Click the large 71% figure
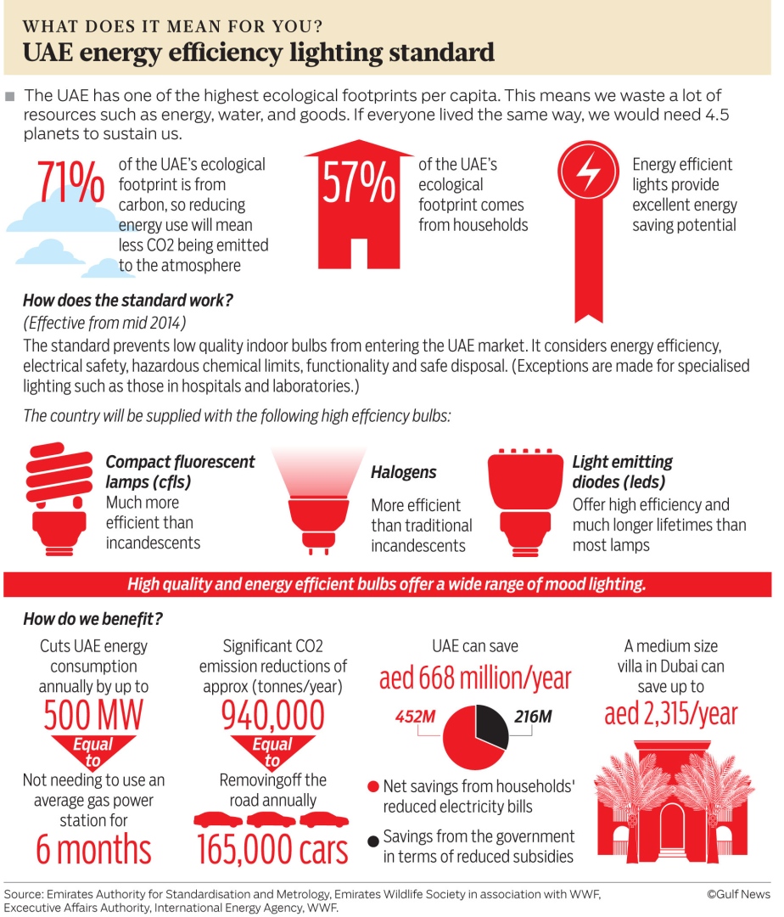click(x=70, y=184)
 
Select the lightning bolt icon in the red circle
click(x=587, y=173)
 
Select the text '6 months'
click(x=93, y=850)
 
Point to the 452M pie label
click(x=415, y=717)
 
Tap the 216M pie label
click(x=533, y=717)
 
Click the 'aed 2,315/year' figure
click(x=671, y=714)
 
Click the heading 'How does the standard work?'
click(x=128, y=300)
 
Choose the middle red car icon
click(x=272, y=820)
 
